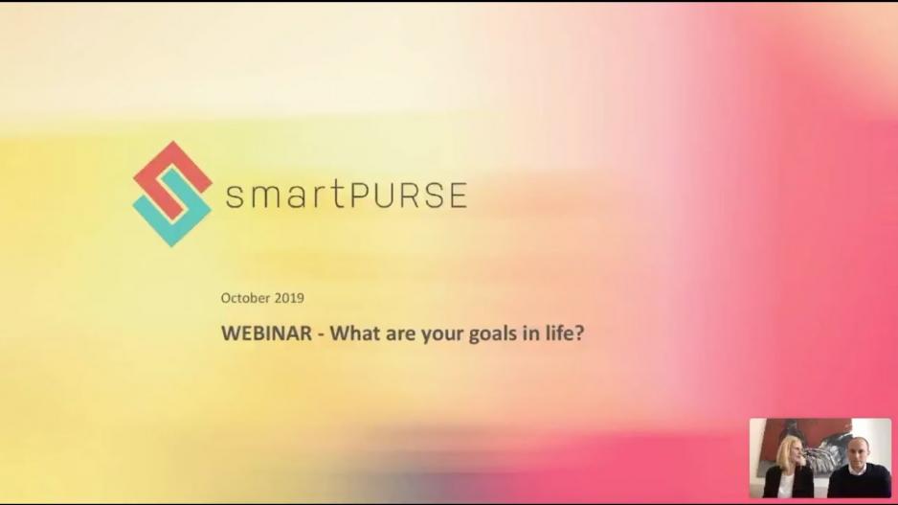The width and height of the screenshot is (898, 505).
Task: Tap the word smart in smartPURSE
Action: (284, 194)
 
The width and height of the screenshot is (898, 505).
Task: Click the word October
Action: (246, 298)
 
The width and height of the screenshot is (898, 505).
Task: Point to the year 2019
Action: (289, 298)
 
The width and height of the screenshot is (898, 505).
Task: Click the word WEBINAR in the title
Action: (267, 333)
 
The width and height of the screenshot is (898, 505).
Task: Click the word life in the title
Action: (558, 333)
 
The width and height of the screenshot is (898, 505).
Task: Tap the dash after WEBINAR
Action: (321, 334)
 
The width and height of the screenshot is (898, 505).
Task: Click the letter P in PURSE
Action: (357, 195)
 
